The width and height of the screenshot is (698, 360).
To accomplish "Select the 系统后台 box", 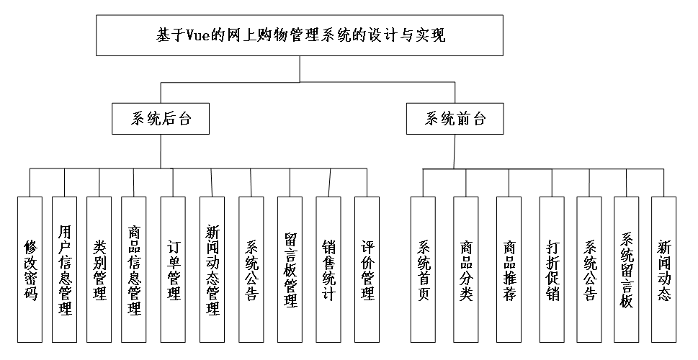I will [x=161, y=119].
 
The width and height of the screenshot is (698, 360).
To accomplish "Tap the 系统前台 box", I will [x=455, y=119].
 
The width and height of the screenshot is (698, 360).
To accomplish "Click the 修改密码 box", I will [x=30, y=268].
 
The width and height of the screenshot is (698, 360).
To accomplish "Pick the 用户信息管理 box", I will [x=65, y=268].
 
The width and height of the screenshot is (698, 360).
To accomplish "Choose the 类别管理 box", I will [x=99, y=268].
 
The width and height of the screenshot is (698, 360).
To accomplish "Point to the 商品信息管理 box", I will [x=134, y=268].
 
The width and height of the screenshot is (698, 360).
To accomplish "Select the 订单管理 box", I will [x=174, y=268].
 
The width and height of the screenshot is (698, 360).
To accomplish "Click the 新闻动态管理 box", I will [x=212, y=268].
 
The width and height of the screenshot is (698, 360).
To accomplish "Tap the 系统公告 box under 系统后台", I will [x=251, y=268].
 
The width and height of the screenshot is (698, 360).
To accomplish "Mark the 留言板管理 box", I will [x=291, y=268].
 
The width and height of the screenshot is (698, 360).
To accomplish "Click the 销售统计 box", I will [x=328, y=268].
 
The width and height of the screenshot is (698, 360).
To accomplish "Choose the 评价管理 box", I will [x=367, y=268].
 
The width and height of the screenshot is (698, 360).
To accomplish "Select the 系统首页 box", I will [x=424, y=268].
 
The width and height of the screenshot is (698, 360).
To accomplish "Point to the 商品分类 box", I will [x=466, y=268].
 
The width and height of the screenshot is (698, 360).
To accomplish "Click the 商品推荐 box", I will [x=509, y=268].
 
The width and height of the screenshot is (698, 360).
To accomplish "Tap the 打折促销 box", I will [x=552, y=268].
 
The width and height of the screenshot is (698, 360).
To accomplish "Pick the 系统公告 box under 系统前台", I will [x=590, y=268].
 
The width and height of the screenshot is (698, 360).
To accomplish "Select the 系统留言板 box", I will [x=627, y=268].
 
